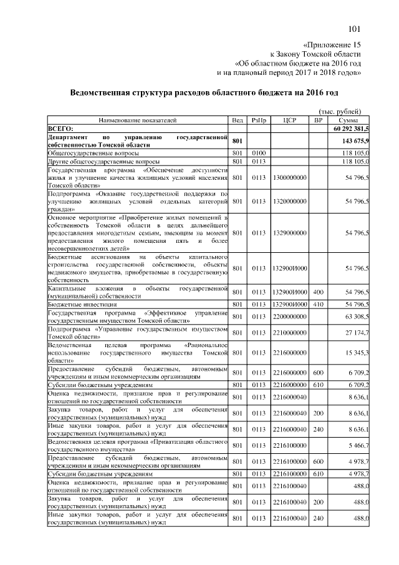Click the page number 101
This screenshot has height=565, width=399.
pyautogui.click(x=354, y=29)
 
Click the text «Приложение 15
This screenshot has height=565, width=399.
pyautogui.click(x=332, y=46)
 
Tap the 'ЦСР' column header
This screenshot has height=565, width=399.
pyautogui.click(x=289, y=119)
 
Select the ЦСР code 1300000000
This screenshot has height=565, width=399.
pyautogui.click(x=289, y=178)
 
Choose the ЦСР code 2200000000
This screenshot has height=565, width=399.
pyautogui.click(x=289, y=317)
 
